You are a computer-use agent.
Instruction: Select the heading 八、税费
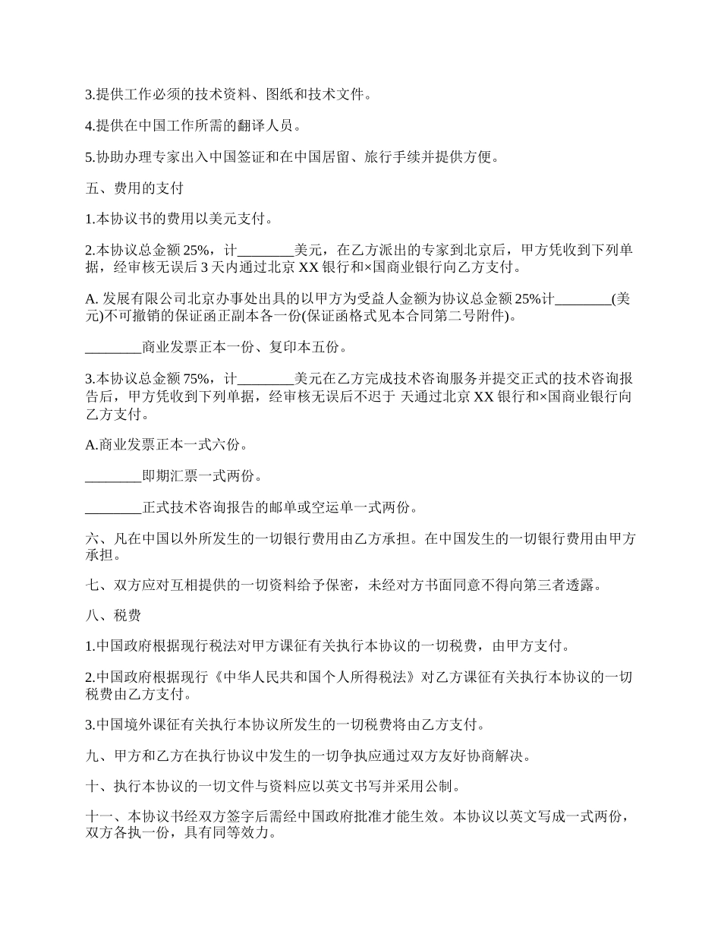pyautogui.click(x=108, y=615)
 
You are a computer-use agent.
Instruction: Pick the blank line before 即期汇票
pyautogui.click(x=113, y=476)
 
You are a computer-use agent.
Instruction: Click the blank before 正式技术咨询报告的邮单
pyautogui.click(x=113, y=507)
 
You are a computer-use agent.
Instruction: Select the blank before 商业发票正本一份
pyautogui.click(x=113, y=348)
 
